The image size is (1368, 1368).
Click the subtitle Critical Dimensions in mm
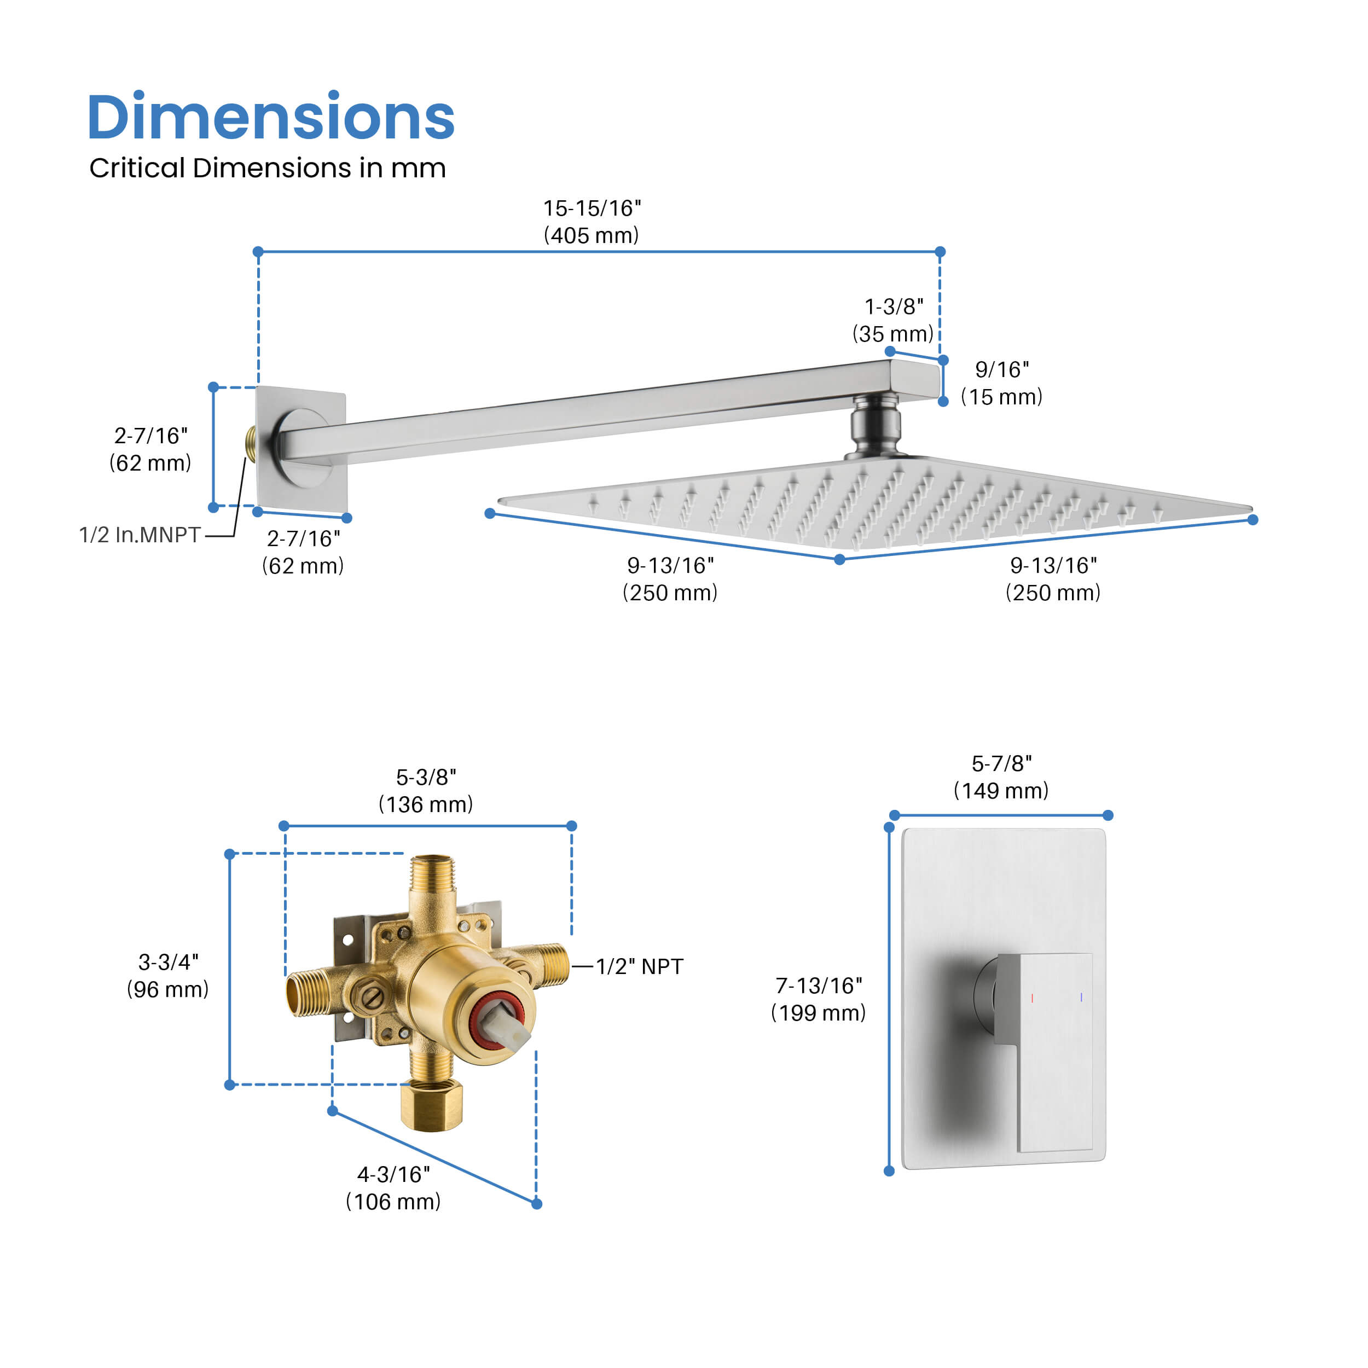point(268,169)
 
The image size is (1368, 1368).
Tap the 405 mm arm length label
point(591,222)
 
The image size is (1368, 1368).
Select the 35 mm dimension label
point(893,320)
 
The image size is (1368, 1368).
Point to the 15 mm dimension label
point(1002,383)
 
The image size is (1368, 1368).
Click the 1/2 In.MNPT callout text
point(140,535)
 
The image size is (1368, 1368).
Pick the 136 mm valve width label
point(426,791)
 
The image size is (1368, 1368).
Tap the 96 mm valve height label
point(168,976)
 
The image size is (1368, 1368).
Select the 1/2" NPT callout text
point(639,966)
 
